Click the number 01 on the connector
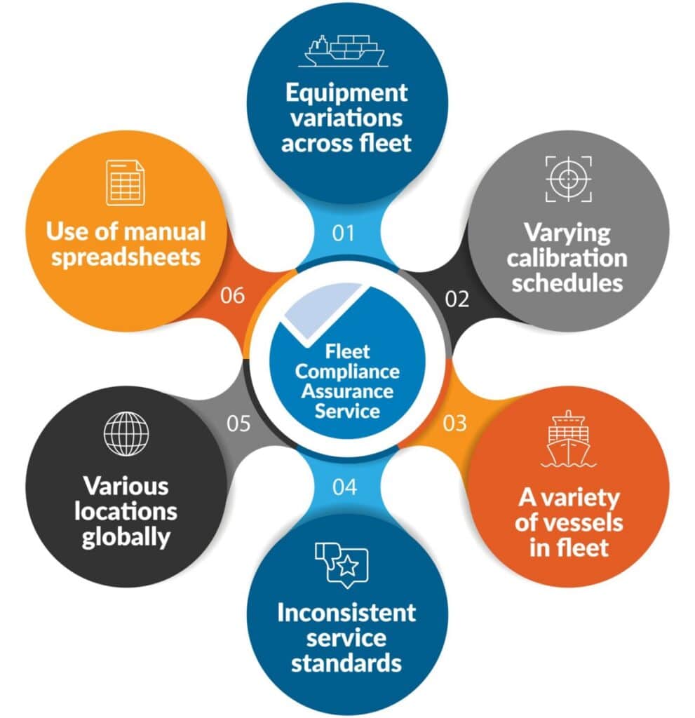[x=343, y=232]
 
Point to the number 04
[x=344, y=487]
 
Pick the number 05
[x=238, y=424]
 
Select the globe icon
[x=126, y=432]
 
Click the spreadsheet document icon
[x=126, y=183]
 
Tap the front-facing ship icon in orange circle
[x=568, y=439]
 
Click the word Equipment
[x=346, y=93]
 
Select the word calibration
[x=567, y=258]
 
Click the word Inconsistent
[x=346, y=612]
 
